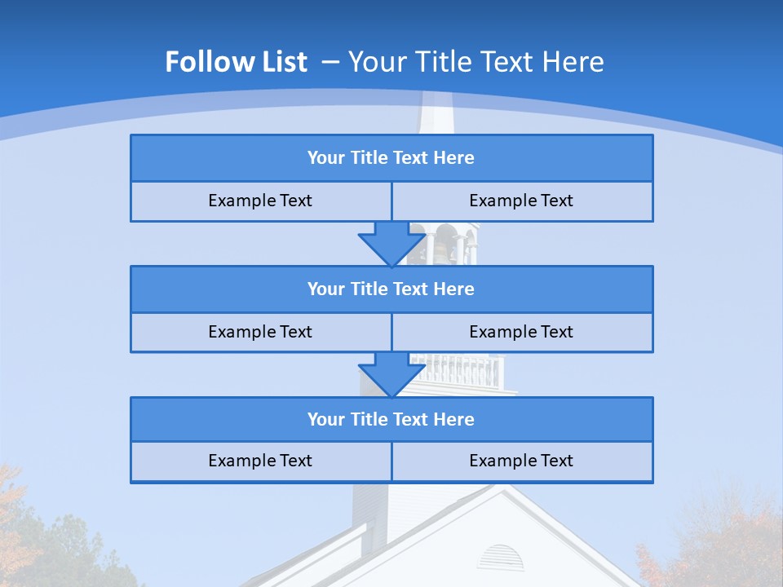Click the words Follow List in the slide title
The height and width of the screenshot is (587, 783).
tap(236, 62)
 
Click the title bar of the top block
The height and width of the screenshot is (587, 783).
tap(391, 158)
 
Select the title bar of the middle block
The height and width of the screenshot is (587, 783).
tap(391, 289)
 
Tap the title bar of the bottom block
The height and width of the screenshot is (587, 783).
tap(391, 420)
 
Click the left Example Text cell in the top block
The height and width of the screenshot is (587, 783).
tap(260, 201)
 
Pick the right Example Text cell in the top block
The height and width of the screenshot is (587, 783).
tap(521, 201)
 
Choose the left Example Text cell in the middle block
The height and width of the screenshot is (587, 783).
tap(260, 333)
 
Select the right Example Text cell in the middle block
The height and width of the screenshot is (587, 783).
tap(521, 333)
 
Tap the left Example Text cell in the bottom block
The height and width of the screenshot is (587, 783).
tap(260, 461)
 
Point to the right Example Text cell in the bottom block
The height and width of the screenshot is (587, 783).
tap(521, 461)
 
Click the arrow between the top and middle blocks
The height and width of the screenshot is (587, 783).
tap(391, 244)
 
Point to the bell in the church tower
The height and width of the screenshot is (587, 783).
tap(445, 245)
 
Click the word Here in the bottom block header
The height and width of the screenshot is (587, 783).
tap(454, 420)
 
